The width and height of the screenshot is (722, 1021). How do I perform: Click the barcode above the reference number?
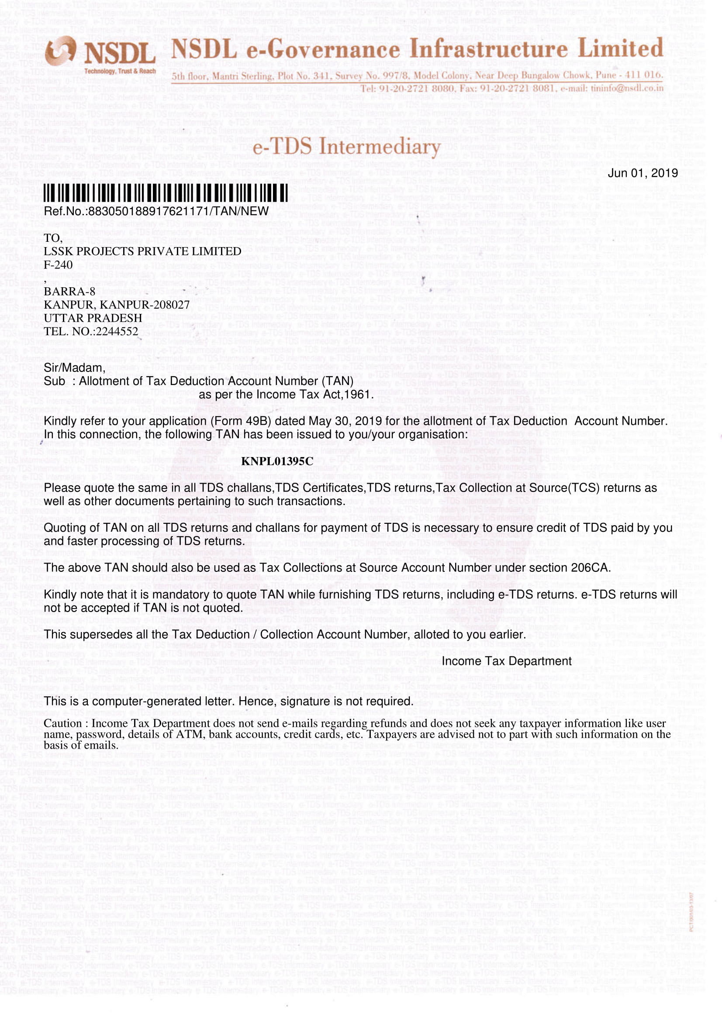165,193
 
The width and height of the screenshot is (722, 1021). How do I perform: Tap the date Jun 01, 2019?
643,173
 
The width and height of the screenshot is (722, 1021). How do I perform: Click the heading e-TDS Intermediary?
346,147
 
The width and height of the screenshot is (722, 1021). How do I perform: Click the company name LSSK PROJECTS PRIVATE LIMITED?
142,251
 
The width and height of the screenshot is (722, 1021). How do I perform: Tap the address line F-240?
58,265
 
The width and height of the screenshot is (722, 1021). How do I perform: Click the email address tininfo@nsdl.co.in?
627,88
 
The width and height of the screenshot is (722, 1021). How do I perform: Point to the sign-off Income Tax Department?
506,661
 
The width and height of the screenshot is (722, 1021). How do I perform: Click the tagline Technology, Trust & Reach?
120,71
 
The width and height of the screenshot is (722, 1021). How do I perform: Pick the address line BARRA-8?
69,291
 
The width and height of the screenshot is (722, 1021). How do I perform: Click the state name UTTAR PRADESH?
93,318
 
